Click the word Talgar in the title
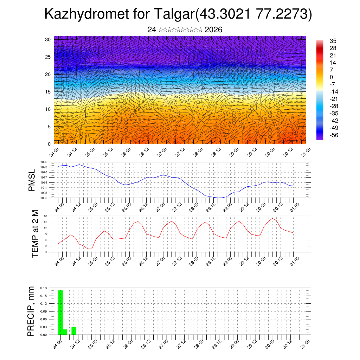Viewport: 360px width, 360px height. (x=174, y=14)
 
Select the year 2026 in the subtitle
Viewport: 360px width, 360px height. (x=213, y=30)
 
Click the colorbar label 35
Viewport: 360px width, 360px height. (x=333, y=41)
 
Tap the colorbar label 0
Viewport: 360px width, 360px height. (x=332, y=77)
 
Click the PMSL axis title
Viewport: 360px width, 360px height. (x=32, y=180)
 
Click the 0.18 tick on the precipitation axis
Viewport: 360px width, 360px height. (x=44, y=288)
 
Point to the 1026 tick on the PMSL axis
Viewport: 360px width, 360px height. (x=44, y=162)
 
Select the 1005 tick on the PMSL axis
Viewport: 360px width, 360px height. (x=44, y=198)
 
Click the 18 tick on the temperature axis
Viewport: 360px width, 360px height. (x=45, y=216)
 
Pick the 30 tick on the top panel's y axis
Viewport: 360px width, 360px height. (x=47, y=39)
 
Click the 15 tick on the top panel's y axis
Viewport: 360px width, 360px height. (x=47, y=92)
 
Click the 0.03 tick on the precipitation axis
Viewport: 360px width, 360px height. (x=44, y=327)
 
